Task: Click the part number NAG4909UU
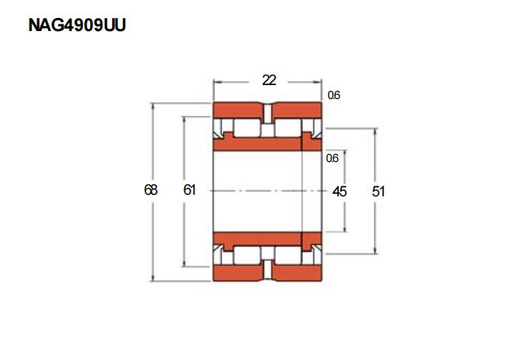tap(77, 25)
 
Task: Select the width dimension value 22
tap(269, 80)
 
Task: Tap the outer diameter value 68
tap(151, 190)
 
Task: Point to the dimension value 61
tap(189, 190)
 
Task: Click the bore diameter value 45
tap(339, 191)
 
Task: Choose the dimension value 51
tap(378, 191)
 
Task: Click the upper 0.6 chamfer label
tap(333, 95)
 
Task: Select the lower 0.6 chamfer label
tap(332, 158)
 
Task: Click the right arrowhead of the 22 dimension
tap(318, 82)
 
